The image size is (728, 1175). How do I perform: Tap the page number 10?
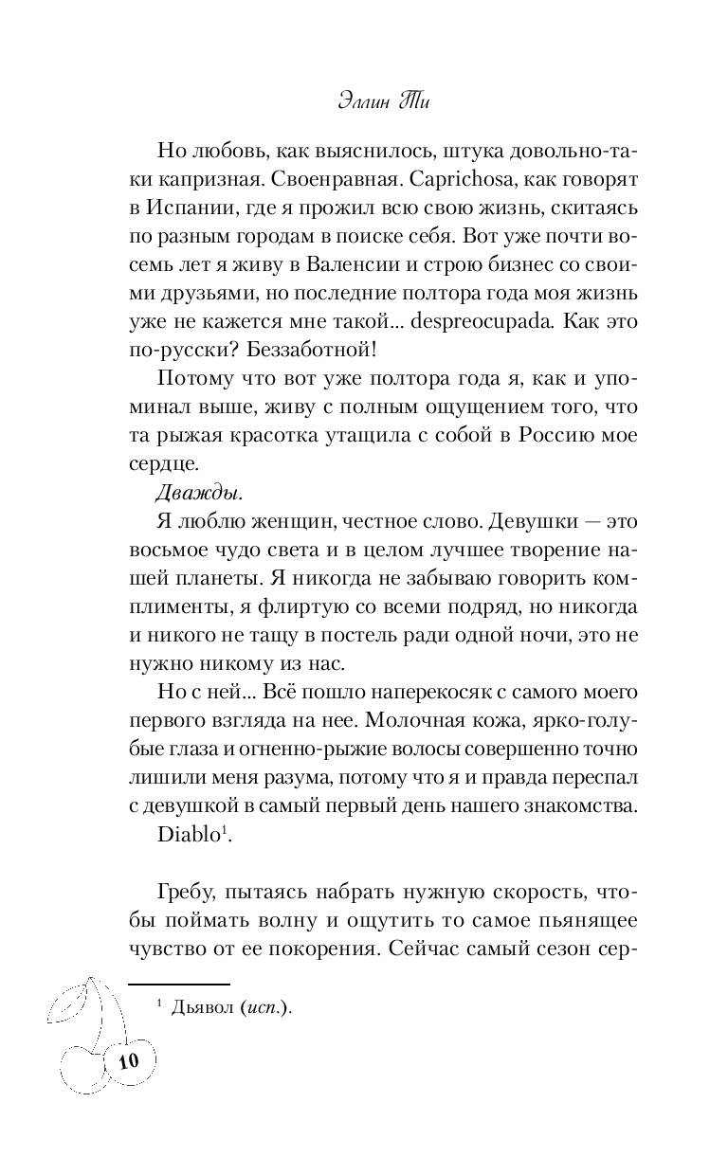128,1060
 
